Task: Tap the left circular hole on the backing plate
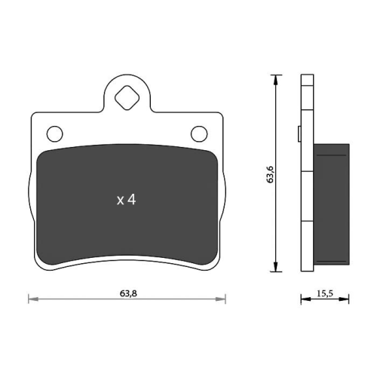(54, 133)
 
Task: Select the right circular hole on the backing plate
(199, 133)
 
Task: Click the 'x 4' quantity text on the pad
(126, 200)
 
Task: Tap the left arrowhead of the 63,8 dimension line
(32, 300)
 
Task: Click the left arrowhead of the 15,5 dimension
(304, 300)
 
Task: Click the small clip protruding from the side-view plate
(299, 134)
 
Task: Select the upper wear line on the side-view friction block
(332, 155)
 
